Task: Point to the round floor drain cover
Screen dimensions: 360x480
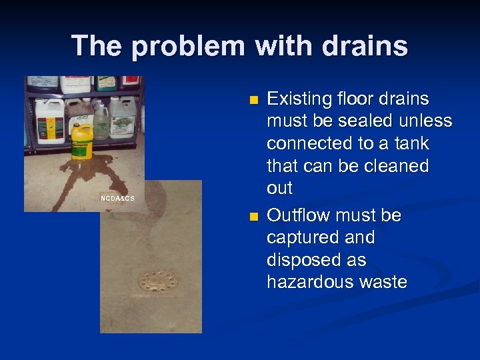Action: (x=158, y=281)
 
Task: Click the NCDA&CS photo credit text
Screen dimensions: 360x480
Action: (x=117, y=198)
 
